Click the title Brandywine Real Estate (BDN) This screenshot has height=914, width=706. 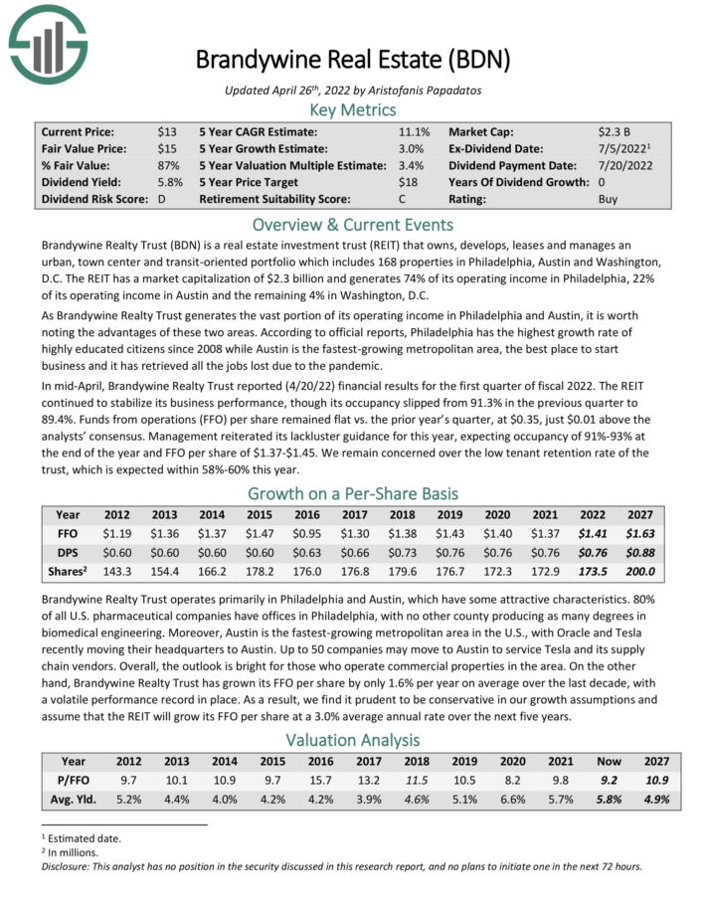pyautogui.click(x=352, y=59)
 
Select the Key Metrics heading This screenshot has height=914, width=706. pyautogui.click(x=352, y=109)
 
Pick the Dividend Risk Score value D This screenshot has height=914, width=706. pyautogui.click(x=162, y=199)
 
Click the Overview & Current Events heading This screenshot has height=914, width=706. pyautogui.click(x=352, y=224)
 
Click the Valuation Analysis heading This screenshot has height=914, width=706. pyautogui.click(x=352, y=740)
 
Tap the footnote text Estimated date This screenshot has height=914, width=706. pyautogui.click(x=83, y=838)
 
